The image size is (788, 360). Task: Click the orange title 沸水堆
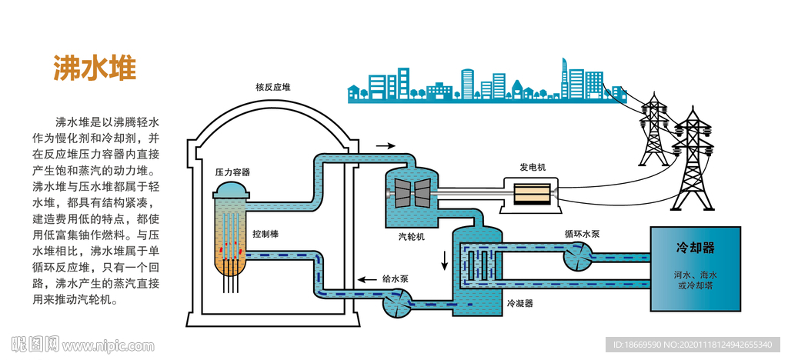(x=95, y=68)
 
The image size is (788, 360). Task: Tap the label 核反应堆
(x=273, y=87)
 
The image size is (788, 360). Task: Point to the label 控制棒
(x=265, y=233)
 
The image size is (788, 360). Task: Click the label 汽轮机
(x=411, y=237)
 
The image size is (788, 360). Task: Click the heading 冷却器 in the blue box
(x=696, y=248)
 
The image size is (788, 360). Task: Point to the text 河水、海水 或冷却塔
(x=696, y=280)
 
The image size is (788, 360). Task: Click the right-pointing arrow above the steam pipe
(x=386, y=145)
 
